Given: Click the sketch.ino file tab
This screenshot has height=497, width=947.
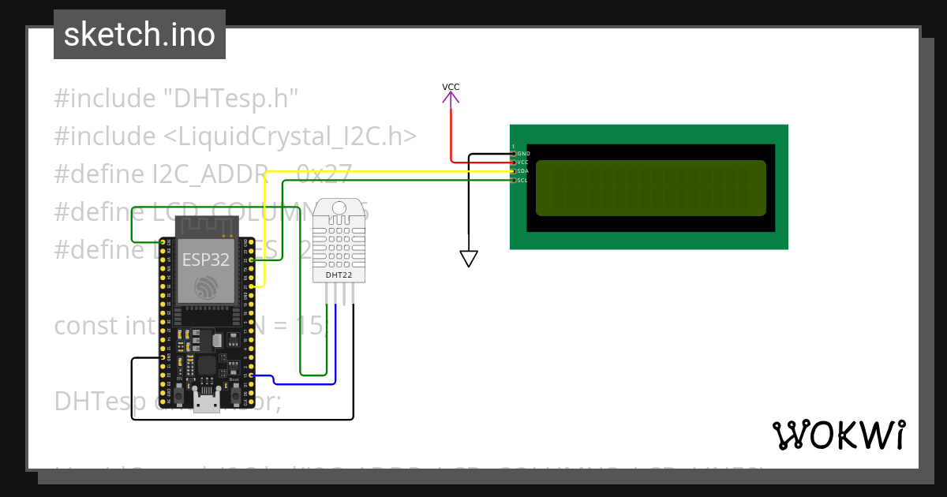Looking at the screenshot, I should click(x=139, y=35).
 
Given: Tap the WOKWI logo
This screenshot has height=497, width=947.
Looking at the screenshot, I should click(x=838, y=435).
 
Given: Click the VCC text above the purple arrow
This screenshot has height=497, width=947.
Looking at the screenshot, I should click(x=451, y=87).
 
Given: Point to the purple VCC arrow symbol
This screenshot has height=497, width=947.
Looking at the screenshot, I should click(x=451, y=98).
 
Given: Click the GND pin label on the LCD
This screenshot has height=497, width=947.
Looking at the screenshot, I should click(x=523, y=153).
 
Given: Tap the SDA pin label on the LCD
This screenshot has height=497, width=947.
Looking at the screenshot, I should click(x=523, y=171).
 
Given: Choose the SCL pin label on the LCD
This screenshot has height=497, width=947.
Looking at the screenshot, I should click(x=523, y=181).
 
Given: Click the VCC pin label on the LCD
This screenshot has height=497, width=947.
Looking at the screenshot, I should click(x=523, y=162).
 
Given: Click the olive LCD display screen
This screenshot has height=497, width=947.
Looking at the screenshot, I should click(x=650, y=188).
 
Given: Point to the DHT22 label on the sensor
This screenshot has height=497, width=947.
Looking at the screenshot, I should click(x=339, y=275).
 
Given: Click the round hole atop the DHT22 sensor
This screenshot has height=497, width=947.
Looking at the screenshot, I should click(x=339, y=209).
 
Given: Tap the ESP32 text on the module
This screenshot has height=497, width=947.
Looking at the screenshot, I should click(x=205, y=260).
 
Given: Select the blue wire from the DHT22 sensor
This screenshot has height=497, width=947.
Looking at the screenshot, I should click(x=335, y=347).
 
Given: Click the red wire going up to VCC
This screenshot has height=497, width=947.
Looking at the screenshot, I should click(x=451, y=134).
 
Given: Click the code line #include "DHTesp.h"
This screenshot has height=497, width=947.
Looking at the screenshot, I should click(x=176, y=99).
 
